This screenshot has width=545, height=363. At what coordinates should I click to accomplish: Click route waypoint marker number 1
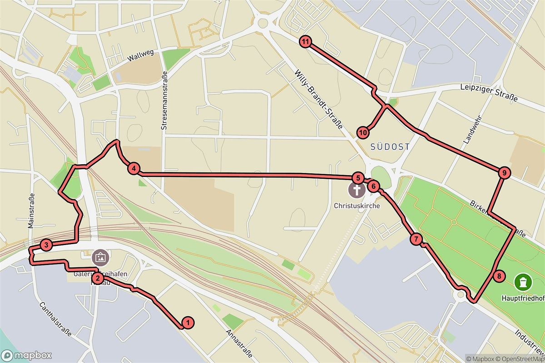(x=187, y=323)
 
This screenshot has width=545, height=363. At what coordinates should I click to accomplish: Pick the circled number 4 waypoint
(x=134, y=169)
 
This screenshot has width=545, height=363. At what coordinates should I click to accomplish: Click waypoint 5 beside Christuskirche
(x=357, y=178)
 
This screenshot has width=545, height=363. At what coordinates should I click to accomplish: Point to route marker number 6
(x=372, y=186)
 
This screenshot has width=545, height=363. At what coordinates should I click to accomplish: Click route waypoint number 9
(x=503, y=172)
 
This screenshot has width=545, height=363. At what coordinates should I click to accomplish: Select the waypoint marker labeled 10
(x=363, y=132)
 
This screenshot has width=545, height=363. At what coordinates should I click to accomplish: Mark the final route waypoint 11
(x=306, y=42)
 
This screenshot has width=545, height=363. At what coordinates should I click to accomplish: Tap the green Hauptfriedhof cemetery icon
(x=523, y=282)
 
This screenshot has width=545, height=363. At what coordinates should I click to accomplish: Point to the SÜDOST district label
(x=390, y=147)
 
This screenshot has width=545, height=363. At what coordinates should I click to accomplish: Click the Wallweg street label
(x=141, y=55)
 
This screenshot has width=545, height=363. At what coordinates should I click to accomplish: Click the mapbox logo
(x=26, y=355)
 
